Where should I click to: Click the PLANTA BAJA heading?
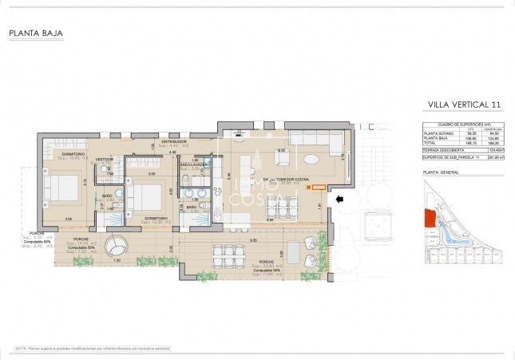tap(36, 34)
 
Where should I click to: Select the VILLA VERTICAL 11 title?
tap(464, 105)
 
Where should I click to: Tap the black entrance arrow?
tap(339, 199)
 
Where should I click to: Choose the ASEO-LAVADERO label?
tap(195, 164)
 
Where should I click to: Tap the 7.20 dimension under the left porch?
tap(117, 261)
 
